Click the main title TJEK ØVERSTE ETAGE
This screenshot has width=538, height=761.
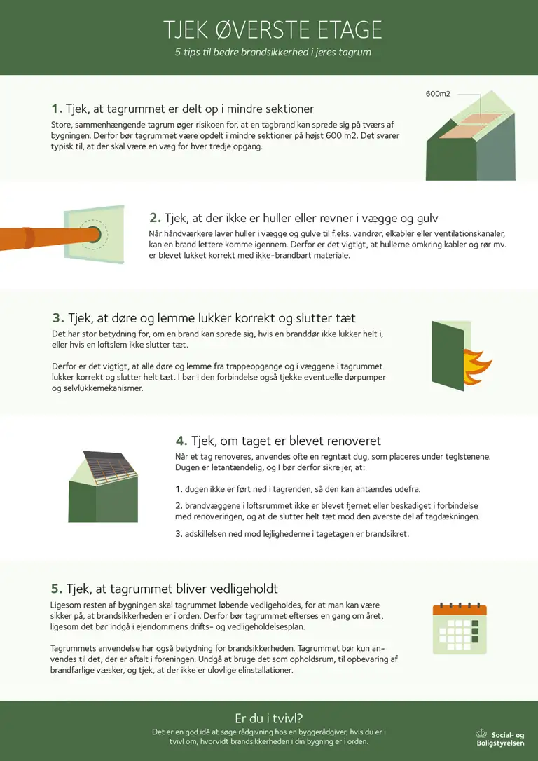[273, 30]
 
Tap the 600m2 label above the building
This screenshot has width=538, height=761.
[438, 94]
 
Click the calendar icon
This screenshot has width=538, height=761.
[460, 629]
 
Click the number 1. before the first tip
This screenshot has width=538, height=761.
[57, 109]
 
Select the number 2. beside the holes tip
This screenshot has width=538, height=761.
[155, 218]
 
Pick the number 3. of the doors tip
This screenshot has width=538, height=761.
[58, 318]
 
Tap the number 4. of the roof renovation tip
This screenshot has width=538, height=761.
[181, 441]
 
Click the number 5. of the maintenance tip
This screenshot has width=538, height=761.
[57, 589]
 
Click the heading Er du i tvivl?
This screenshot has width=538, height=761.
[269, 719]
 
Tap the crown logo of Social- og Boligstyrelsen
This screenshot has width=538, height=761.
[481, 734]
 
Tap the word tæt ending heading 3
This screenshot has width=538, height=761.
[345, 318]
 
